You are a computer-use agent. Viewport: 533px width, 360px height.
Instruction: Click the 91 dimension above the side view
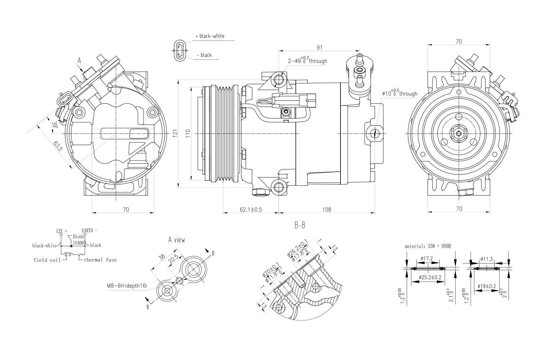click(x=319, y=47)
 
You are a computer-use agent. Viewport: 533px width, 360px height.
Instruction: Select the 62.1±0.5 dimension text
click(x=251, y=209)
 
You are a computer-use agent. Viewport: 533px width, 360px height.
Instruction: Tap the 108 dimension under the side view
click(x=326, y=209)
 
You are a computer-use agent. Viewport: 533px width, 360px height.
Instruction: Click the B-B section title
click(x=300, y=226)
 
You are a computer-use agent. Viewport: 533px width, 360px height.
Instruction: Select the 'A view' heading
click(x=176, y=239)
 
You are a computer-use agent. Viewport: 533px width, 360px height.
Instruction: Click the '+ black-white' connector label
click(x=210, y=36)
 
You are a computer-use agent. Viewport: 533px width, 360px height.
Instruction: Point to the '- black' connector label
click(x=204, y=55)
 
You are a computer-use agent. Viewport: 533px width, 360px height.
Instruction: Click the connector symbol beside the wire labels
click(x=180, y=51)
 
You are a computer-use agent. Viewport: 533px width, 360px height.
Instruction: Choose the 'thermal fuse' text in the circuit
click(x=100, y=260)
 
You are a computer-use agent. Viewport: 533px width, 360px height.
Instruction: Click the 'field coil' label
click(x=47, y=260)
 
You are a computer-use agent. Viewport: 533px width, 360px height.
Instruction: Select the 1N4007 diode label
click(x=79, y=243)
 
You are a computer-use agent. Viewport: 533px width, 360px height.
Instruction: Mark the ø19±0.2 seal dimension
click(x=487, y=286)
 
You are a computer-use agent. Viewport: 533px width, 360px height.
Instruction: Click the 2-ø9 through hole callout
click(x=307, y=60)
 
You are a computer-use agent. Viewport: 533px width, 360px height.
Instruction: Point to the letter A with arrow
click(x=79, y=62)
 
